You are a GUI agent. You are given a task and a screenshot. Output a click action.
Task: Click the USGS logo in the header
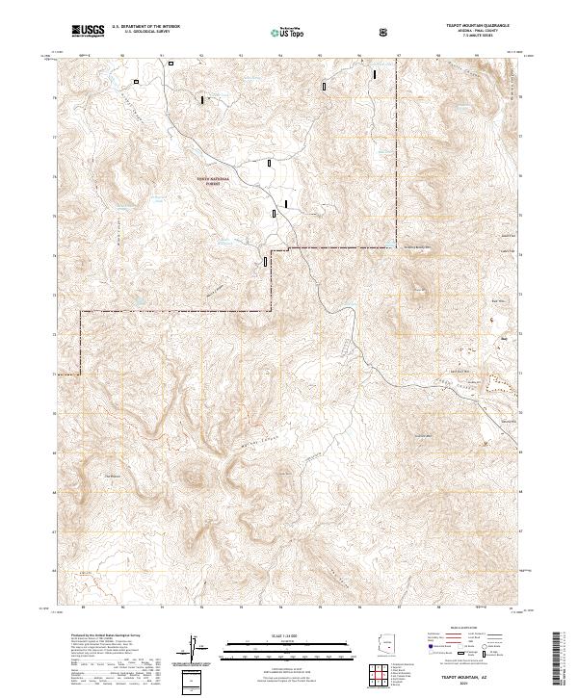[x=89, y=32]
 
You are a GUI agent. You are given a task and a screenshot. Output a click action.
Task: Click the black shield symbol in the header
[x=383, y=33]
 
